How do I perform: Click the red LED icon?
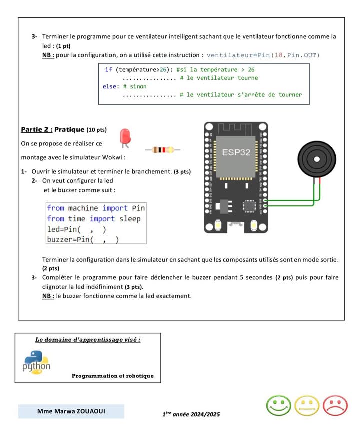125,137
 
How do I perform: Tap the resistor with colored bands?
162,149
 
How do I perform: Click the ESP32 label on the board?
236,152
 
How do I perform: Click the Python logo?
36,362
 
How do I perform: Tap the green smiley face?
279,405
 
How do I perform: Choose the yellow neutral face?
307,405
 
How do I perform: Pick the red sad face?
335,405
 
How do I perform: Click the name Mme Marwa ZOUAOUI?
71,411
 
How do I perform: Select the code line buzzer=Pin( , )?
83,240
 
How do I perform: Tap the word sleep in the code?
130,219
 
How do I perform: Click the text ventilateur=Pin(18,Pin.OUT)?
263,55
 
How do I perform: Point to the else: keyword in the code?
110,86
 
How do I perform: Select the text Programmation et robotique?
112,376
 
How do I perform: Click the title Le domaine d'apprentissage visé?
88,340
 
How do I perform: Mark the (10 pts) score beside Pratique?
96,130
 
